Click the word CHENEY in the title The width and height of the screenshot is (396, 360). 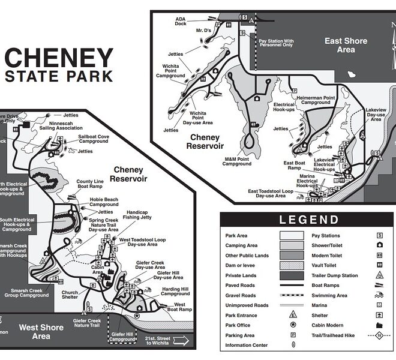pyautogui.click(x=59, y=59)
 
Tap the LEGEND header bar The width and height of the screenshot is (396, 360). pyautogui.click(x=308, y=220)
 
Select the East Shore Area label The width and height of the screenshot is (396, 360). pyautogui.click(x=346, y=46)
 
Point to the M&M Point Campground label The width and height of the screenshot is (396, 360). pyautogui.click(x=238, y=161)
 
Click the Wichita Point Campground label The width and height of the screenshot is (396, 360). pyautogui.click(x=170, y=71)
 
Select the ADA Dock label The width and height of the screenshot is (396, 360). pyautogui.click(x=181, y=21)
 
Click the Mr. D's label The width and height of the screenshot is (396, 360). pyautogui.click(x=203, y=30)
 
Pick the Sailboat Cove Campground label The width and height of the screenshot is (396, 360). pyautogui.click(x=95, y=140)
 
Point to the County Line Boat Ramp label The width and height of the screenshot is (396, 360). pyautogui.click(x=90, y=184)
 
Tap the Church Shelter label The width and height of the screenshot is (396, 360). pyautogui.click(x=70, y=296)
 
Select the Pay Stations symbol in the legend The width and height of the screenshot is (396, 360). pyautogui.click(x=380, y=236)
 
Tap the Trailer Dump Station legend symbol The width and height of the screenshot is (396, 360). pyautogui.click(x=380, y=275)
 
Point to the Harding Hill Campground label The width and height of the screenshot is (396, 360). pyautogui.click(x=175, y=292)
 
